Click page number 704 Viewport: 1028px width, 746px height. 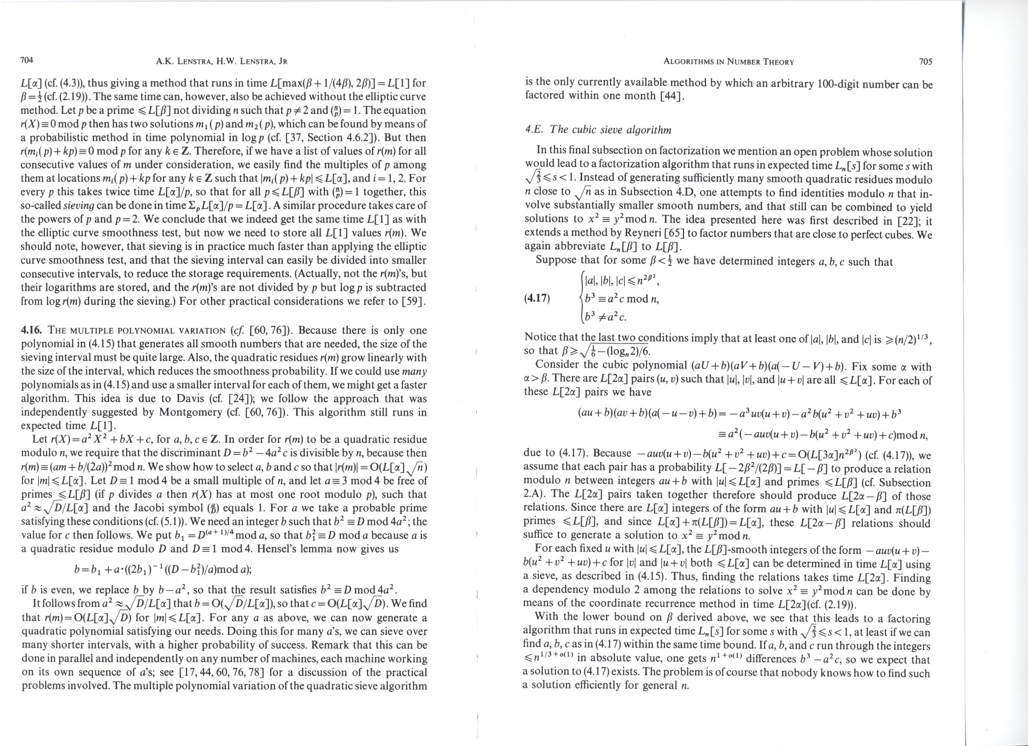tap(28, 60)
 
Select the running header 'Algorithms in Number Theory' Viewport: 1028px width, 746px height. tap(728, 62)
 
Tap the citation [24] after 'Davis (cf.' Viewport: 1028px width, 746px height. tap(238, 399)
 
